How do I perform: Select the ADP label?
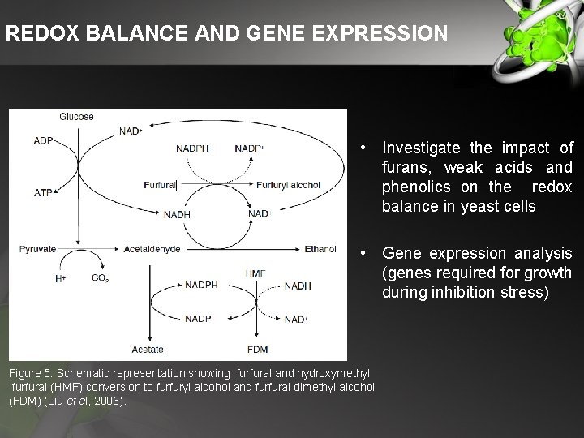coord(44,140)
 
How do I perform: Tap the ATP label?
coord(44,194)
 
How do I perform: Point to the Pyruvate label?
coord(38,248)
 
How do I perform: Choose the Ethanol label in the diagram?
coord(320,249)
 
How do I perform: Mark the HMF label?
coord(255,273)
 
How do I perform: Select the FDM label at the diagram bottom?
coord(257,350)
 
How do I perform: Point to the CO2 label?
coord(101,279)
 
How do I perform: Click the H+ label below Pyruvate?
coord(59,279)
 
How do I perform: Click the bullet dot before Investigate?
coord(367,148)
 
